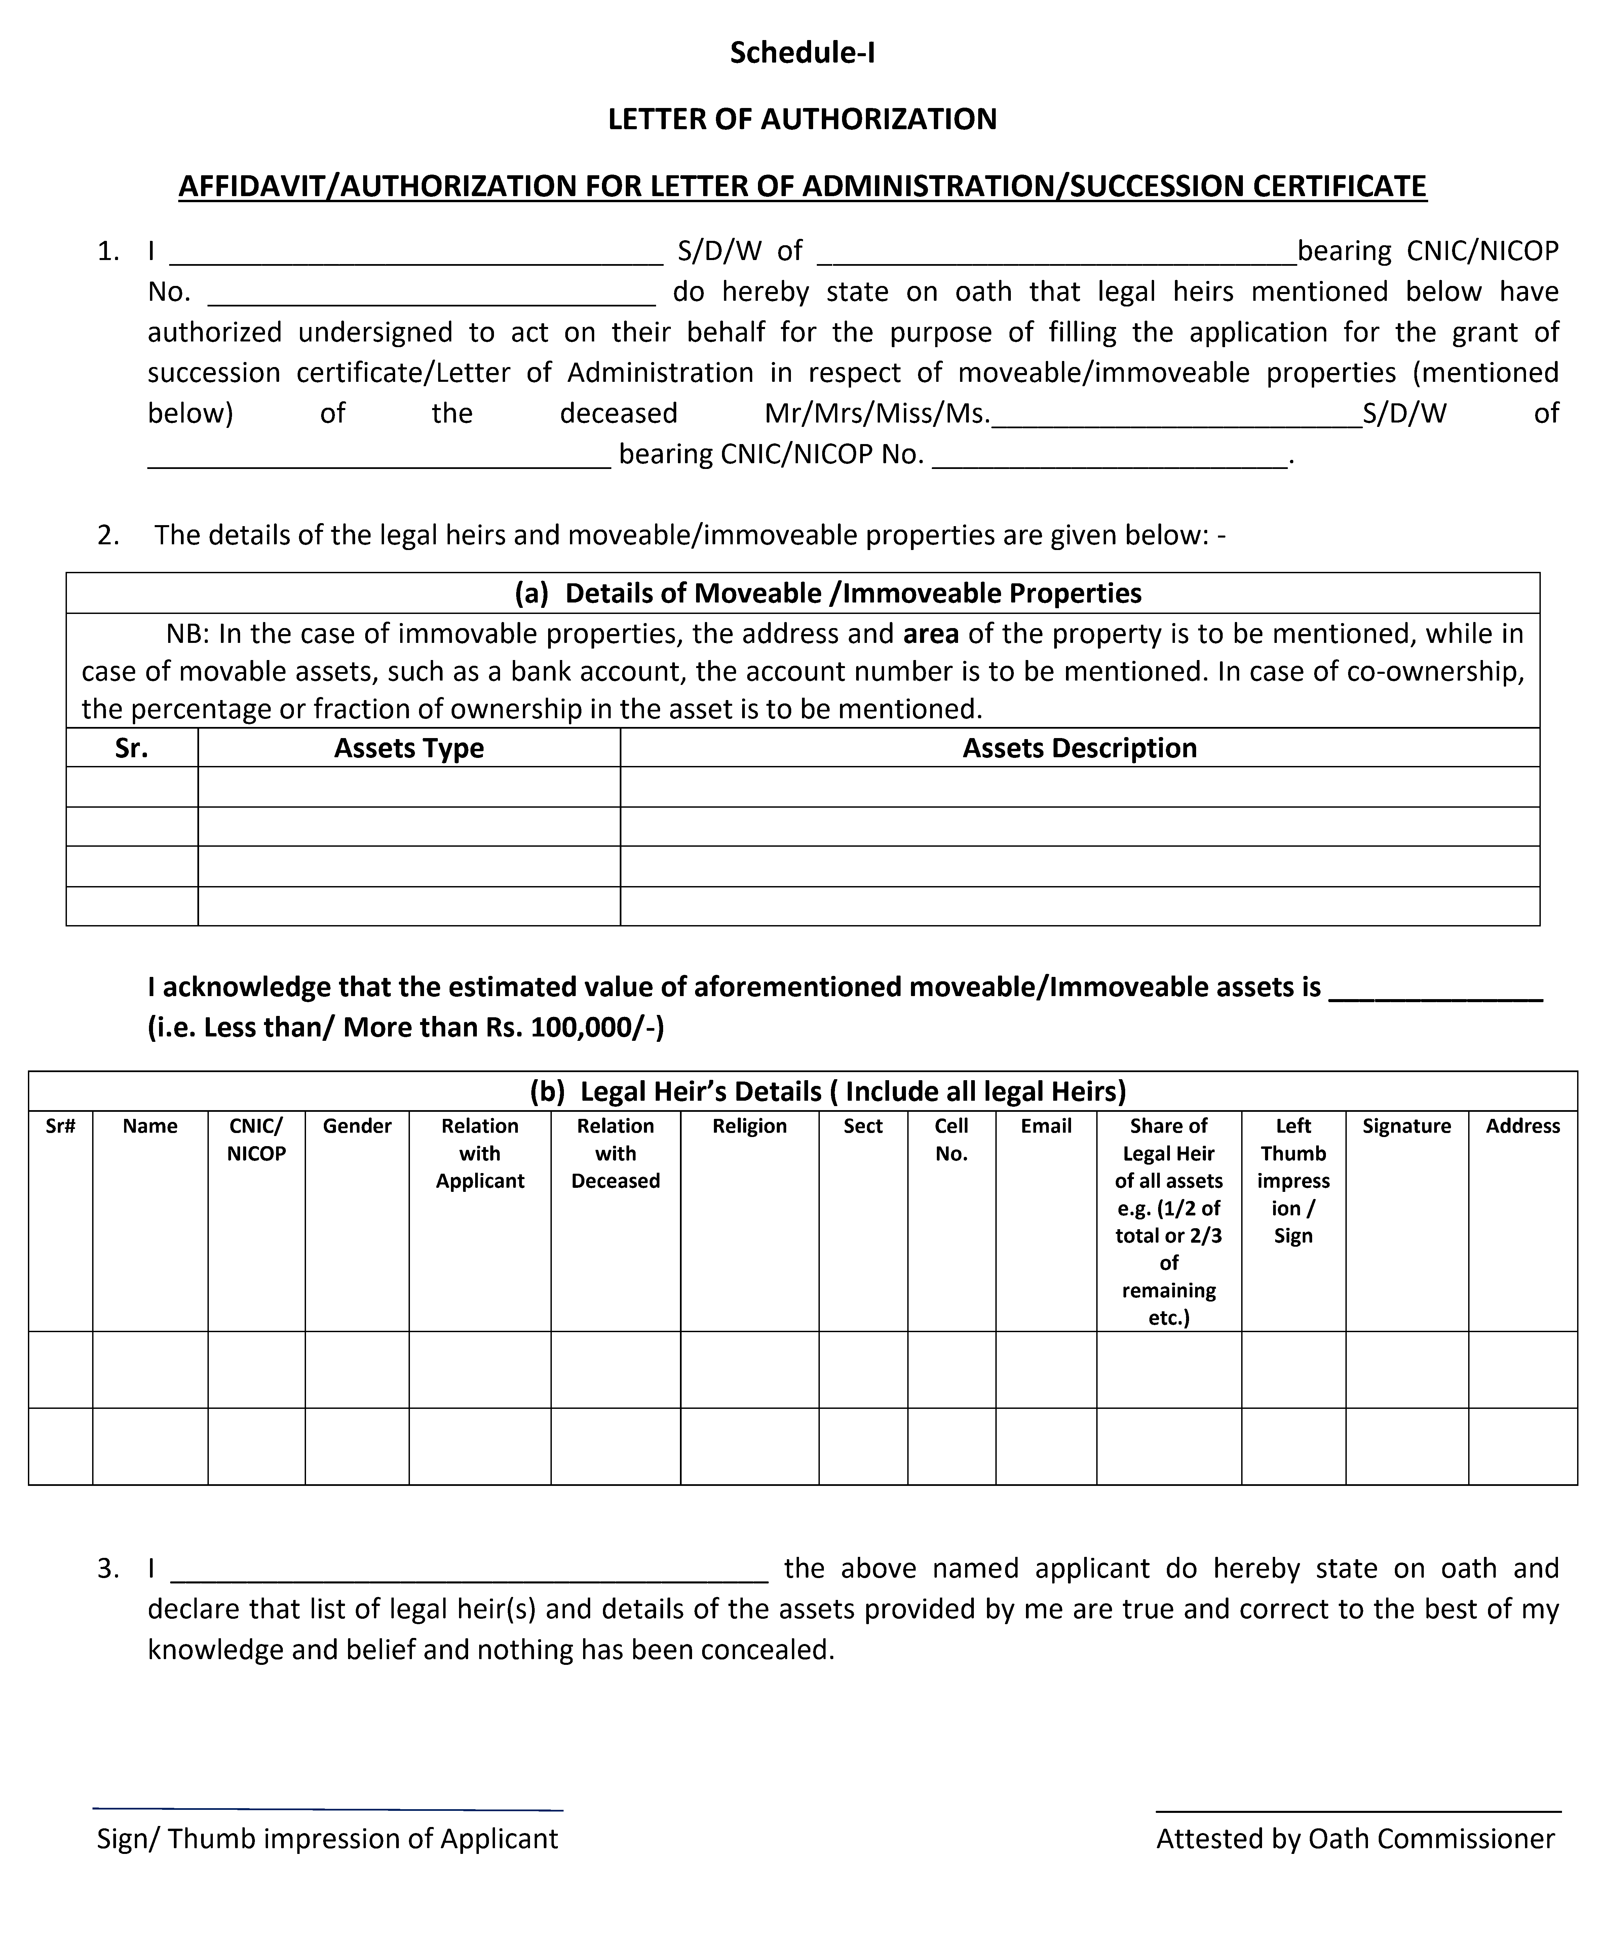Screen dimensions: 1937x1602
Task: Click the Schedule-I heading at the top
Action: (801, 53)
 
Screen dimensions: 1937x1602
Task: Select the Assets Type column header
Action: (409, 748)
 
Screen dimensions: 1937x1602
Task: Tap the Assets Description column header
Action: (1079, 748)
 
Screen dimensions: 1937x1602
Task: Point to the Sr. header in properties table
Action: (132, 748)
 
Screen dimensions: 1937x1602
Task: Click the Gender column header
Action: (357, 1126)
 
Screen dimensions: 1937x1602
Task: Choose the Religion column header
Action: (749, 1126)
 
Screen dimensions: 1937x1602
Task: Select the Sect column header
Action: (862, 1126)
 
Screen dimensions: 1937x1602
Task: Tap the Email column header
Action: (1046, 1126)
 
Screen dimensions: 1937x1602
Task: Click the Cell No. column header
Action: (951, 1140)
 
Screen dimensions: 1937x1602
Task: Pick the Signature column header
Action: (1407, 1126)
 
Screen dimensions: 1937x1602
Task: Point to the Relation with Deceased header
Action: (615, 1154)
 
